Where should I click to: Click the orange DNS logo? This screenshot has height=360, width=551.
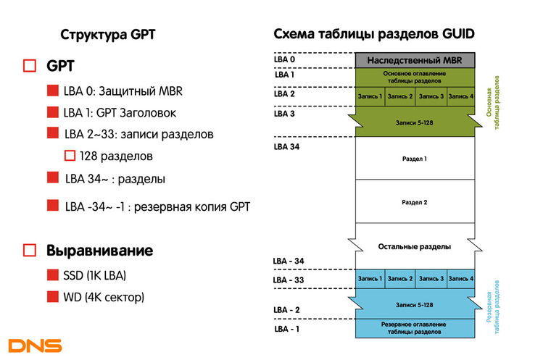35,346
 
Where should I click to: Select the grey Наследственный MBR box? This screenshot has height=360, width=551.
415,60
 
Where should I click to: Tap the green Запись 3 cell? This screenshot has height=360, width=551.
431,96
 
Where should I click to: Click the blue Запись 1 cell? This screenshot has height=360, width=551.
370,279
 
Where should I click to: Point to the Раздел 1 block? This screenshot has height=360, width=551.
415,159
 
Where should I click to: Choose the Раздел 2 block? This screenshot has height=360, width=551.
415,201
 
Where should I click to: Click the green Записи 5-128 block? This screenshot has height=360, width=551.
415,122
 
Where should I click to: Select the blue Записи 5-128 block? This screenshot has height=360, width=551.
415,304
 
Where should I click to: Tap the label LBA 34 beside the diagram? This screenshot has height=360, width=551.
286,147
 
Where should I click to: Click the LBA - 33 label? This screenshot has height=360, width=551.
288,280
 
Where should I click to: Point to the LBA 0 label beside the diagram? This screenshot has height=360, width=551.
284,59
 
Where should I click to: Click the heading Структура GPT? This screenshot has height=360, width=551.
108,35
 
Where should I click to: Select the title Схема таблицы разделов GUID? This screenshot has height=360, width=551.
374,34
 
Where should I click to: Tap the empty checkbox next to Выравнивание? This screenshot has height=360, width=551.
30,251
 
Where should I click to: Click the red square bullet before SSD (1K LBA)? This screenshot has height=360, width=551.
53,275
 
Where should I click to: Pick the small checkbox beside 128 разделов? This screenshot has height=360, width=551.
70,156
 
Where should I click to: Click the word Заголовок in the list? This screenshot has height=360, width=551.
148,113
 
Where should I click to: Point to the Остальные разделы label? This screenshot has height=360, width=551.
415,246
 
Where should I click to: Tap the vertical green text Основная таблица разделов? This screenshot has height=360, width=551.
493,103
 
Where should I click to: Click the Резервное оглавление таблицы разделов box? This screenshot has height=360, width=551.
415,328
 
